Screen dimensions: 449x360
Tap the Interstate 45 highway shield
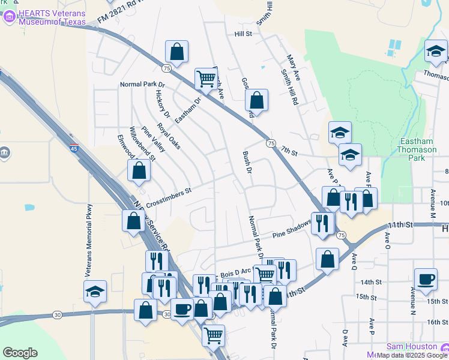pos(73,149)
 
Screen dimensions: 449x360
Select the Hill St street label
pos(243,34)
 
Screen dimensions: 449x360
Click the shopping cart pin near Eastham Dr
pos(205,78)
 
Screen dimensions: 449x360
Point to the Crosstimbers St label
pos(167,196)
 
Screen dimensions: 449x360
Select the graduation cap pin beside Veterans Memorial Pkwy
pos(95,292)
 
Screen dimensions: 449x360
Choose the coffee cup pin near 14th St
pos(425,278)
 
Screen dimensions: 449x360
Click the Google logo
pos(20,353)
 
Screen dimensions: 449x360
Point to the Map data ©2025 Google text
pos(412,355)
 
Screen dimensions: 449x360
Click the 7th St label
pos(289,153)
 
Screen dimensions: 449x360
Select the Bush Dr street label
pos(246,163)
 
